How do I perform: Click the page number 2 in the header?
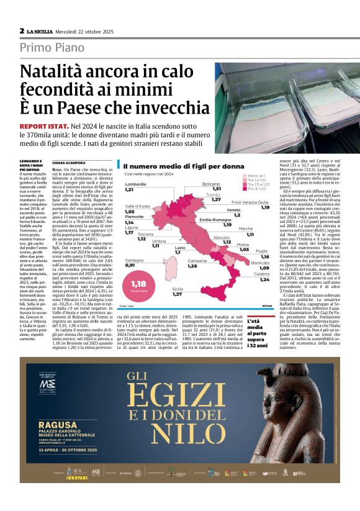pos(22,30)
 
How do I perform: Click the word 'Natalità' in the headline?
pos(55,73)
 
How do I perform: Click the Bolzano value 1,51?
pos(217,188)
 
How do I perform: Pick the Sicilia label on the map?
pos(178,289)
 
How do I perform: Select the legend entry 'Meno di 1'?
pos(256,176)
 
